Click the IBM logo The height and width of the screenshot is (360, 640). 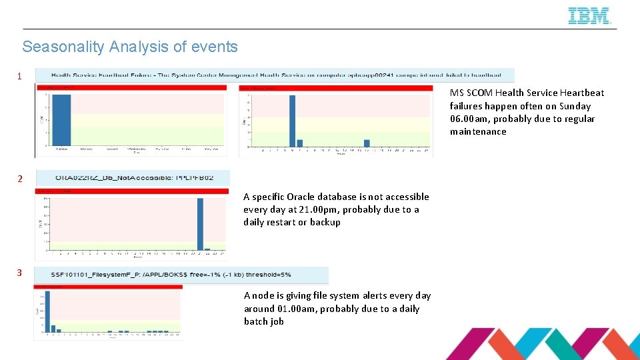(x=589, y=16)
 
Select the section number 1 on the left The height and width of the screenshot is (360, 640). (x=19, y=76)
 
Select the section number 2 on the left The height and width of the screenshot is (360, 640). (x=20, y=179)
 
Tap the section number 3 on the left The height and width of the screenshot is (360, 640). (x=20, y=273)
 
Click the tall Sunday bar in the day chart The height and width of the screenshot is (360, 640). (x=61, y=120)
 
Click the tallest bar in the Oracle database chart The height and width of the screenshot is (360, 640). (x=200, y=224)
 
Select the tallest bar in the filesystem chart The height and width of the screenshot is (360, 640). (x=47, y=311)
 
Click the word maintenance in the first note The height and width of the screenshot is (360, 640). (x=478, y=131)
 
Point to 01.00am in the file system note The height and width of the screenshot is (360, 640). (x=298, y=309)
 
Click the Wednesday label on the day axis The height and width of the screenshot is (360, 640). (x=137, y=149)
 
